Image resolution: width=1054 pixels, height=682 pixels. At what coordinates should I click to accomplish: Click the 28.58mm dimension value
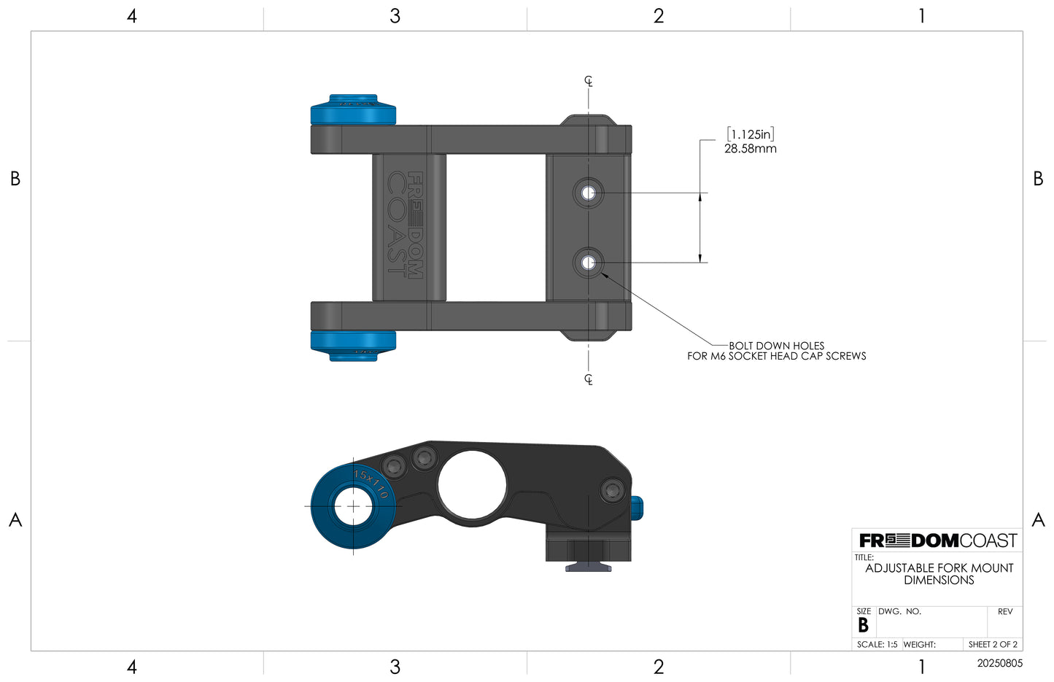click(x=750, y=149)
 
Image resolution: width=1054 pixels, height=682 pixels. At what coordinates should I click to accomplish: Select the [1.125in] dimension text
click(x=750, y=134)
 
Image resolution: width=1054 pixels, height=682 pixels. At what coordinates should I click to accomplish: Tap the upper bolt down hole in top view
click(x=589, y=193)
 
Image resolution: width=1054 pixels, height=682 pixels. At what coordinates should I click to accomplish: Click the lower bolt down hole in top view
click(x=589, y=263)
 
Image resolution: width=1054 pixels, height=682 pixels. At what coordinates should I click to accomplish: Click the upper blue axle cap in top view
click(x=353, y=111)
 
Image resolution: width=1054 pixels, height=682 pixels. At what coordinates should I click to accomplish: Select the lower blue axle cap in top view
click(x=353, y=345)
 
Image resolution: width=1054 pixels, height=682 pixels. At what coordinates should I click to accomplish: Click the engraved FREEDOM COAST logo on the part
click(x=406, y=225)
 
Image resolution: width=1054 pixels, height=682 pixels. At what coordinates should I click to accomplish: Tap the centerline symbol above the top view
click(x=589, y=81)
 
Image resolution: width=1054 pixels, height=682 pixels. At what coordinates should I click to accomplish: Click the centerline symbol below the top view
click(x=589, y=379)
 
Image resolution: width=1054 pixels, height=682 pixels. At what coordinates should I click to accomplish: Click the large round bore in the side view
click(x=472, y=485)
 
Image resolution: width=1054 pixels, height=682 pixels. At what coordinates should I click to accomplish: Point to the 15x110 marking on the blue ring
click(x=371, y=484)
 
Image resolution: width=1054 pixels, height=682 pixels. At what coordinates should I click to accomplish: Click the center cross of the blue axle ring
click(x=353, y=506)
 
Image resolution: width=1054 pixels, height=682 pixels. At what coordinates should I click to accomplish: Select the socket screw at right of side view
click(x=613, y=490)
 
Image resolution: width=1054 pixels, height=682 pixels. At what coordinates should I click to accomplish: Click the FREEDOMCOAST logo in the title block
click(x=937, y=540)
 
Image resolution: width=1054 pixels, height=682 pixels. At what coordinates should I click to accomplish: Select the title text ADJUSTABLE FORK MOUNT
click(x=939, y=568)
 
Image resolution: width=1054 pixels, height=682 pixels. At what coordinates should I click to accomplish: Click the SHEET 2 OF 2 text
click(x=992, y=645)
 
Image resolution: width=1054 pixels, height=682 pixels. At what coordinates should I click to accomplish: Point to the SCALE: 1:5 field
click(x=877, y=645)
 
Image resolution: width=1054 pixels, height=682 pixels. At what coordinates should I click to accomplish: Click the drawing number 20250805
click(x=999, y=664)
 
